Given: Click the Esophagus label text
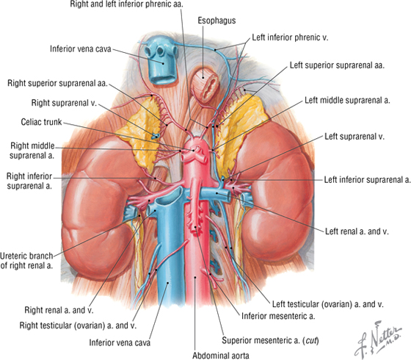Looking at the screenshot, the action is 217,21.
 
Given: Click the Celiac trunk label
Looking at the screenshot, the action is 41,122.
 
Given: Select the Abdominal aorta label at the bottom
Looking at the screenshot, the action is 221,356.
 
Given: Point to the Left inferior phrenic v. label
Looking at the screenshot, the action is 290,37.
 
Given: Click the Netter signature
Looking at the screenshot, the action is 378,339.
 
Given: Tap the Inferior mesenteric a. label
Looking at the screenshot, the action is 278,316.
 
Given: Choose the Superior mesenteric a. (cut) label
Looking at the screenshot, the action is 270,341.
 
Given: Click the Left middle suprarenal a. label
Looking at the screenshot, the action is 347,100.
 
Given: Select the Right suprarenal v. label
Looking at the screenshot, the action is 64,103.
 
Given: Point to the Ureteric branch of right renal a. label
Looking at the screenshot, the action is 26,261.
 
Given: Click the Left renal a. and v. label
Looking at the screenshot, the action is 357,231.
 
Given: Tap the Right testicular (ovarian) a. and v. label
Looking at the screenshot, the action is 78,325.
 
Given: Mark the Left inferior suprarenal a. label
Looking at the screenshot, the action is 367,180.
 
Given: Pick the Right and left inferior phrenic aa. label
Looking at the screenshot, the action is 126,4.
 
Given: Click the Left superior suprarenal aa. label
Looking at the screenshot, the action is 337,65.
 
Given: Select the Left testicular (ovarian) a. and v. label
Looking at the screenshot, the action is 327,304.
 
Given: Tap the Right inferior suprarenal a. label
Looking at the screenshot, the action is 29,181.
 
